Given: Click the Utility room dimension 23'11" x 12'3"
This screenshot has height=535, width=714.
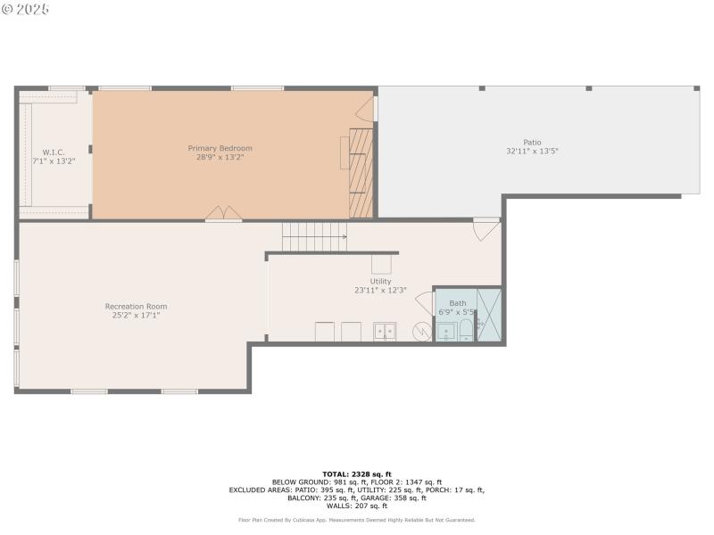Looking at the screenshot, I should (380, 290).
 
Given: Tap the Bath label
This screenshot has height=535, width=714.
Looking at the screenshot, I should (457, 303).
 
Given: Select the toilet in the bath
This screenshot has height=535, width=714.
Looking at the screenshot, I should (466, 331).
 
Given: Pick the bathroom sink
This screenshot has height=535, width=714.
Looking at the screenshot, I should (445, 332).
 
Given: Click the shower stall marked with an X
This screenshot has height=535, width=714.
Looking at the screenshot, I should (489, 315).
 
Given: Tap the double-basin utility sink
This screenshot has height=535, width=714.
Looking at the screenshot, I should (385, 331).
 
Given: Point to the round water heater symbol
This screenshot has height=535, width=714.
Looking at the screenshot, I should (421, 332).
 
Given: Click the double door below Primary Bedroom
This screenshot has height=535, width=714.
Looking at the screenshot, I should (223, 214).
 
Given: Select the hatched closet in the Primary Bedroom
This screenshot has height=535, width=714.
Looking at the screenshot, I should (361, 173).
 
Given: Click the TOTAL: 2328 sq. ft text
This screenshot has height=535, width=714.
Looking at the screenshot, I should (356, 473).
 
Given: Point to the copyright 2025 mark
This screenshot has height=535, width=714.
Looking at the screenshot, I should (26, 9).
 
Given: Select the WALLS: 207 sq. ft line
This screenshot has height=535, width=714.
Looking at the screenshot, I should (356, 506).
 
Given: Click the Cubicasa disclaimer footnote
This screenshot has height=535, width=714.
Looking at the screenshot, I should (356, 519).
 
